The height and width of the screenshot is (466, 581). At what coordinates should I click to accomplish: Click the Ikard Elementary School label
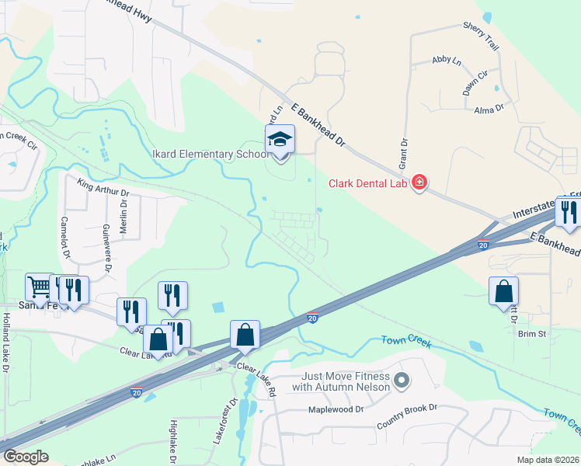[x=214, y=154]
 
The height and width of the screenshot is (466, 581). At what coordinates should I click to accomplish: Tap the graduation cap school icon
[x=280, y=141]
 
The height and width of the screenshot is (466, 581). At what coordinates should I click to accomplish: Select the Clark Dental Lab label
[x=370, y=183]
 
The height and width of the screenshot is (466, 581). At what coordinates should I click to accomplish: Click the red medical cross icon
[x=419, y=183]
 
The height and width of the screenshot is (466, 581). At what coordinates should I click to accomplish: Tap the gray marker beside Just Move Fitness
[x=401, y=381]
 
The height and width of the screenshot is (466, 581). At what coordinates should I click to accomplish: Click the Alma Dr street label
[x=489, y=110]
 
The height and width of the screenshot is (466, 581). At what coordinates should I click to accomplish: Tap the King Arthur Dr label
[x=103, y=186]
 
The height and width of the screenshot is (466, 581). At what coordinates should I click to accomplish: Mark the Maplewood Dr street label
[x=336, y=409]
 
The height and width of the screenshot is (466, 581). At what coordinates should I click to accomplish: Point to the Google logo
[x=26, y=456]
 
